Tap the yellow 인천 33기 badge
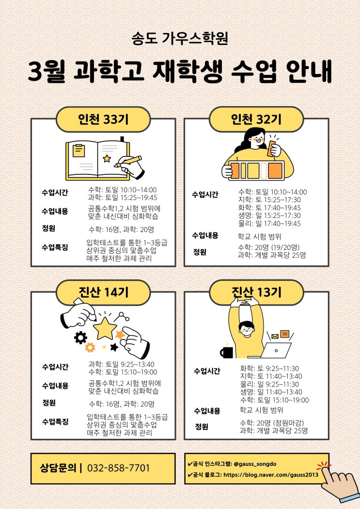click(x=103, y=120)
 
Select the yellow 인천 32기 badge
click(x=256, y=120)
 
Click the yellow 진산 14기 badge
click(x=103, y=293)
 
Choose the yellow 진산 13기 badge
click(x=256, y=293)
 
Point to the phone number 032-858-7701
click(x=119, y=468)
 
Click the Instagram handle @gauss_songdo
click(x=255, y=464)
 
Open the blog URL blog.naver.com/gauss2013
click(x=271, y=475)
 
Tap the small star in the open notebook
click(x=107, y=158)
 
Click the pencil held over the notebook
click(x=128, y=161)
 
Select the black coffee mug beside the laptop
click(x=227, y=352)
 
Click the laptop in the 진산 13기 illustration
click(x=273, y=350)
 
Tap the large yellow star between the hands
click(x=105, y=328)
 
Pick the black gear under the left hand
click(x=80, y=338)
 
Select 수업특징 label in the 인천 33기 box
click(x=55, y=247)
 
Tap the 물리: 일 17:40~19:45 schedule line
click(x=269, y=223)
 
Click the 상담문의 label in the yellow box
click(x=58, y=468)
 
